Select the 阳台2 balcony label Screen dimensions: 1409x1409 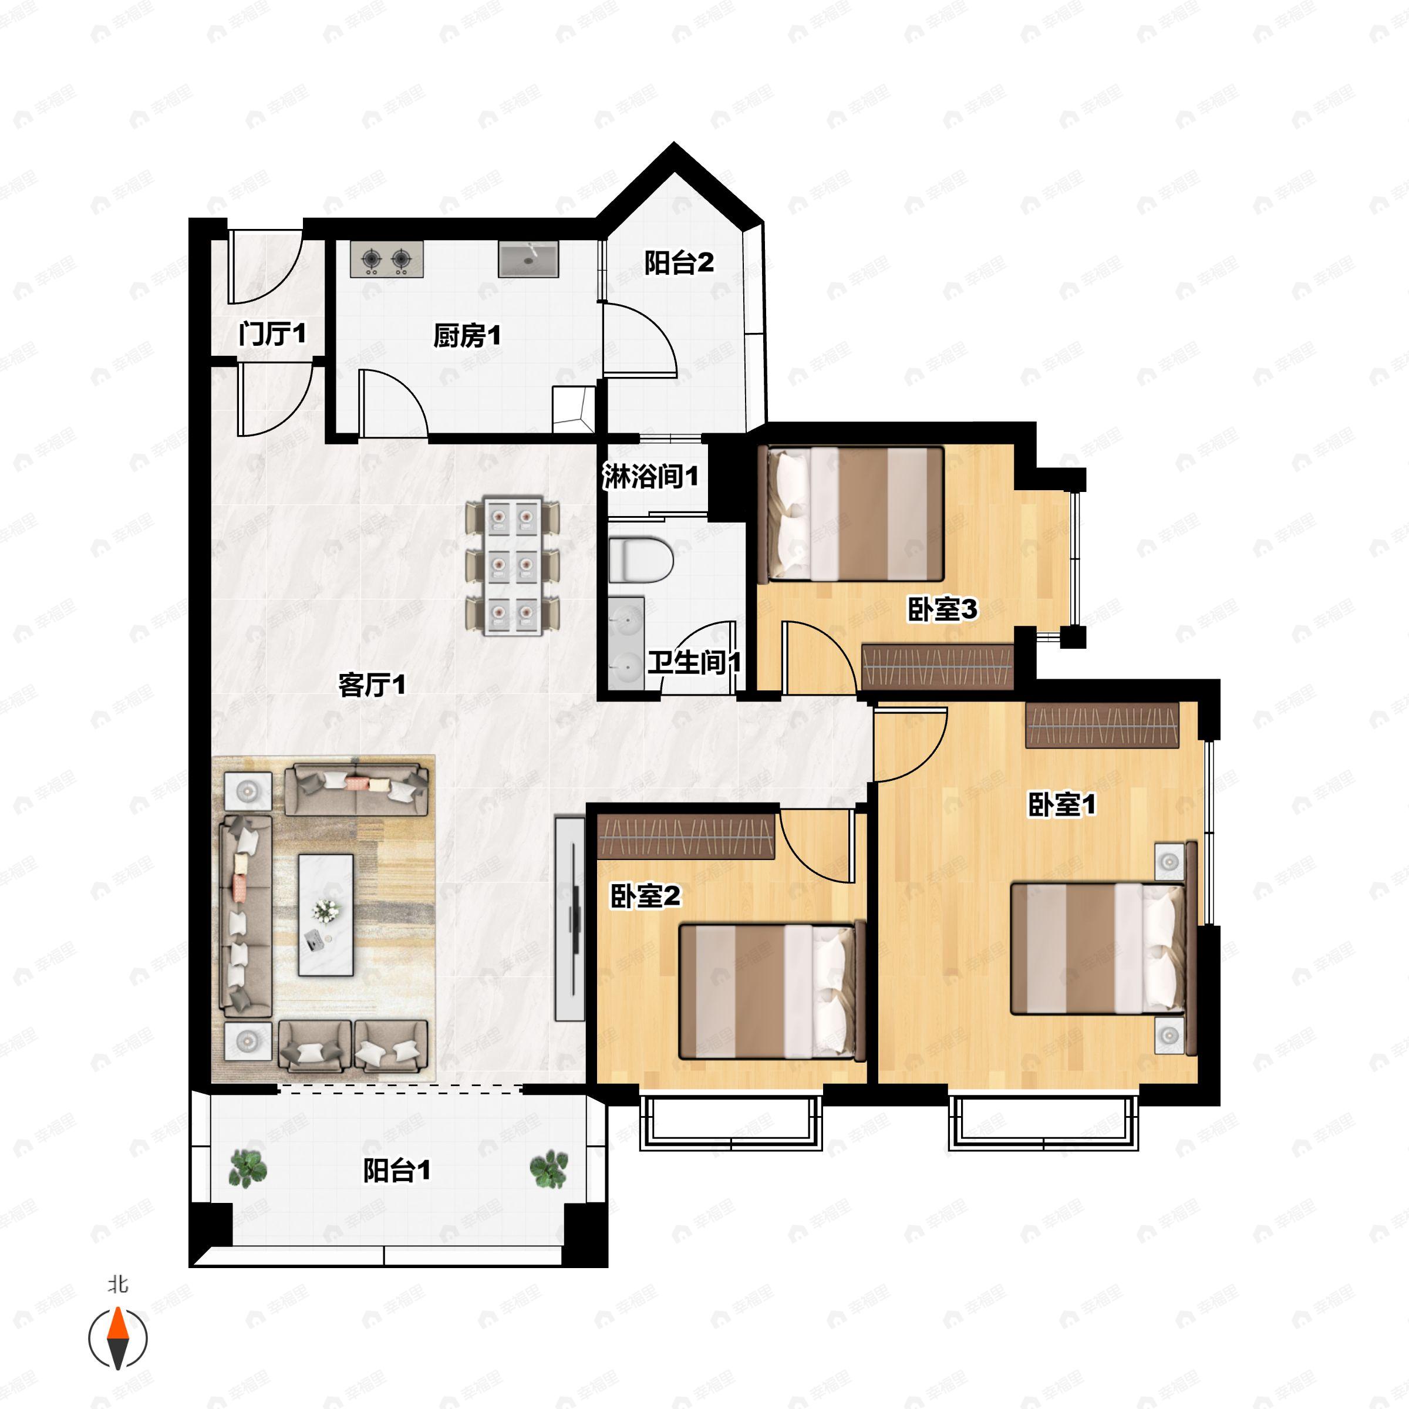point(679,262)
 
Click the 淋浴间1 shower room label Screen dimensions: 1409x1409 point(650,476)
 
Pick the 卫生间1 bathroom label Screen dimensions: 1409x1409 point(695,662)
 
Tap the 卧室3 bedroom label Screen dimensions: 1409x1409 point(942,609)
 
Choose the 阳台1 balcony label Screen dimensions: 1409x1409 point(397,1171)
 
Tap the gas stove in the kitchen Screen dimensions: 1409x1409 point(386,259)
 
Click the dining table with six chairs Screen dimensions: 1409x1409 point(513,566)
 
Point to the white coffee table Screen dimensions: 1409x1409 point(326,915)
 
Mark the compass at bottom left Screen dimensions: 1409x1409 point(117,1339)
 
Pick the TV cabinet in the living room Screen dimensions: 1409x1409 point(569,919)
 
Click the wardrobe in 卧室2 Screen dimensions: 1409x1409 point(686,837)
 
